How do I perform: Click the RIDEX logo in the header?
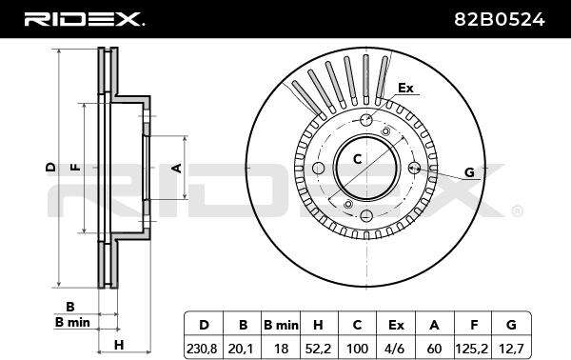84,19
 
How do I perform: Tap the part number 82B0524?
500,19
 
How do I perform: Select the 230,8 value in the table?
202,349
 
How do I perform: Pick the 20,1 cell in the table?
241,349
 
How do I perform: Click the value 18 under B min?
281,349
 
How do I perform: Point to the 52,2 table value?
318,349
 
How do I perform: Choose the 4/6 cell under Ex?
396,349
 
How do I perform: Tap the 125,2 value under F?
472,349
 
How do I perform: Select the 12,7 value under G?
511,349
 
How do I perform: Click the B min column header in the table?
281,325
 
